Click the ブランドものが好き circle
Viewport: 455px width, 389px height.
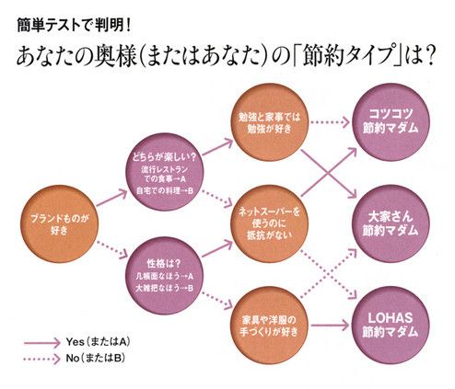(x=59, y=223)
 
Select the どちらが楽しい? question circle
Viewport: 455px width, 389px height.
(x=165, y=172)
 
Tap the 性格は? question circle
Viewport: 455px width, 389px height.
(x=165, y=275)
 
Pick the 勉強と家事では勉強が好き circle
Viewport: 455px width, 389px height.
(x=270, y=122)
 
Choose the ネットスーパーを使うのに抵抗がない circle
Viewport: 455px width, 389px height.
(x=270, y=223)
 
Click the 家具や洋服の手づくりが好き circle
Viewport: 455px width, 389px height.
(x=270, y=325)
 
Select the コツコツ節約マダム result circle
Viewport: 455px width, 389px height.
(x=391, y=122)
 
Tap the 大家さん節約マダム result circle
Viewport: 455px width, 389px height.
(x=391, y=223)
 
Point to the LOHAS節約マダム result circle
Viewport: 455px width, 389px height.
(x=391, y=325)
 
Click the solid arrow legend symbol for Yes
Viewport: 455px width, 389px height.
(x=42, y=343)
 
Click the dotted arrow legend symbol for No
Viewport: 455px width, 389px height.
(x=42, y=359)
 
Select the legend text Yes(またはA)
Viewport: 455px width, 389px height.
(x=98, y=342)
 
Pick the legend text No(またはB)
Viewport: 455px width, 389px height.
(x=95, y=358)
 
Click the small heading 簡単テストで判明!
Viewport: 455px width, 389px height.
(x=74, y=26)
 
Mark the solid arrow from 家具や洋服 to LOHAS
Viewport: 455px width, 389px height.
(x=330, y=326)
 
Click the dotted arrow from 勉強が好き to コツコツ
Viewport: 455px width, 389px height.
(x=330, y=122)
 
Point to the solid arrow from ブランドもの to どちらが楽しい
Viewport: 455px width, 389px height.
(x=111, y=198)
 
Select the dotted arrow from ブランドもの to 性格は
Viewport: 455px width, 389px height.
(x=112, y=250)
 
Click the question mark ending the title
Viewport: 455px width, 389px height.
(x=429, y=56)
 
